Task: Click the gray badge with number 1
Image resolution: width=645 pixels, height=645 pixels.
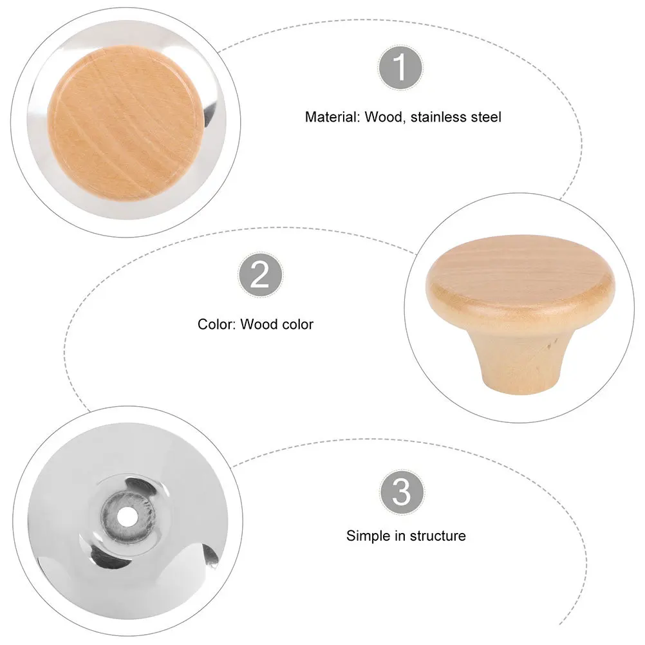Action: tap(400, 67)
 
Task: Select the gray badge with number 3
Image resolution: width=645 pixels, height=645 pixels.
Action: tap(401, 492)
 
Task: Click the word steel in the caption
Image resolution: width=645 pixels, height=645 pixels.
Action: tap(486, 117)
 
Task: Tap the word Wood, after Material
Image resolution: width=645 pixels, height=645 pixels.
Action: tap(383, 117)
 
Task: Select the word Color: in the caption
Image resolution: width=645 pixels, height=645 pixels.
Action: tap(217, 324)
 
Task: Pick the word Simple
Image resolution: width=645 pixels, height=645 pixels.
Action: tap(367, 536)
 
